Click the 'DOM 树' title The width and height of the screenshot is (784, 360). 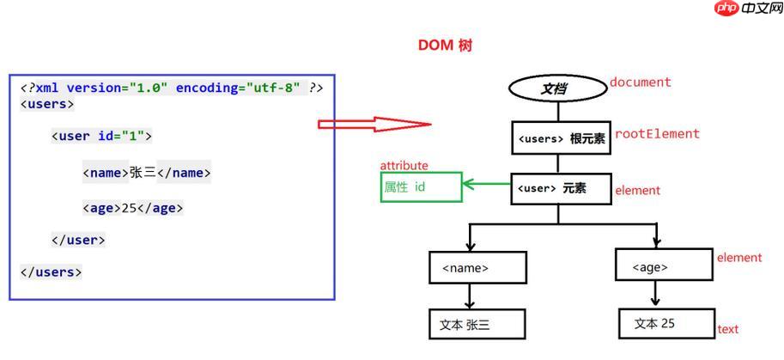coord(445,46)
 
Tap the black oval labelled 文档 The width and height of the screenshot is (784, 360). coord(557,88)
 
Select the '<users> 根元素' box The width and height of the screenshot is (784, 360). coord(561,138)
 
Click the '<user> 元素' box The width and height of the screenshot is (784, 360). coord(560,189)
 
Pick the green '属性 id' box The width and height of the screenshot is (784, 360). coord(421,187)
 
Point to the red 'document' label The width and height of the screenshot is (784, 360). coord(640,82)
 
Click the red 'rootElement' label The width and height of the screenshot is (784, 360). coord(657,134)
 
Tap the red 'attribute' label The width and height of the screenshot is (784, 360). coord(404,166)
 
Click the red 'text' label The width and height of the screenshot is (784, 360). coord(727,329)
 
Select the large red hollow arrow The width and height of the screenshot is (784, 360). coord(374,124)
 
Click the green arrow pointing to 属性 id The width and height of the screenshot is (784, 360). coord(486,183)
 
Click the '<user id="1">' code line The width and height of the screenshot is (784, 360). coord(101,136)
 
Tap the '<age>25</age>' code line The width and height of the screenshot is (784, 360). coord(133,208)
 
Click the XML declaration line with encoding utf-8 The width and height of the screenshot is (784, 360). coord(172,88)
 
